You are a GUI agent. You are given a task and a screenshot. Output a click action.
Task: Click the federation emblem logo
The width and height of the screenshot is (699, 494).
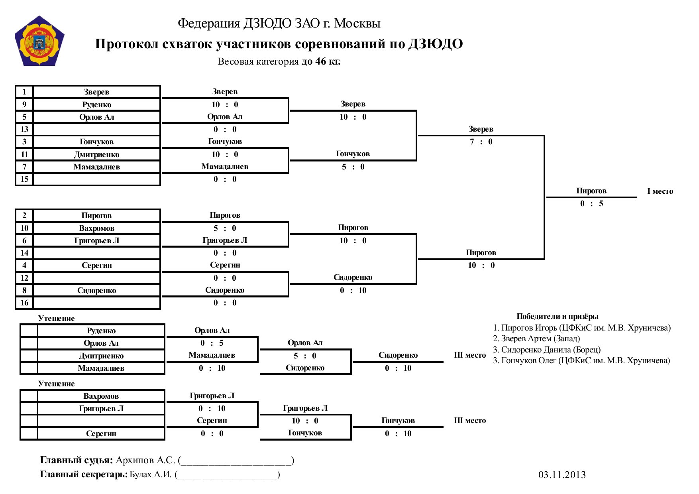click(x=39, y=41)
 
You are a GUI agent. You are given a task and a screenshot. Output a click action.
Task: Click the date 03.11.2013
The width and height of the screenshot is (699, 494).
click(x=562, y=474)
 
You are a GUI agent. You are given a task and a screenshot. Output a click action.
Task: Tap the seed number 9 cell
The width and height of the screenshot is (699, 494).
click(x=24, y=104)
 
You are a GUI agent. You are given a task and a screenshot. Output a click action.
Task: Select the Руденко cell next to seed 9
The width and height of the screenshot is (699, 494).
click(x=97, y=104)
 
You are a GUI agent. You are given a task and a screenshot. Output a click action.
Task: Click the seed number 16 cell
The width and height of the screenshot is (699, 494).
click(x=24, y=303)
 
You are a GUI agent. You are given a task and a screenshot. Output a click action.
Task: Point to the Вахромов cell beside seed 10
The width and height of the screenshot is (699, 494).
click(x=97, y=228)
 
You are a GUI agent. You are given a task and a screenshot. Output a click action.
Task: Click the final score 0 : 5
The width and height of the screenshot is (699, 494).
click(x=591, y=203)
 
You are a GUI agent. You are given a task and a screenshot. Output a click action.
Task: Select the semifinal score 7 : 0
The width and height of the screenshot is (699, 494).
click(x=481, y=142)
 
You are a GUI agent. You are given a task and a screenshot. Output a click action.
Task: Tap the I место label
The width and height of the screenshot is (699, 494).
click(x=660, y=191)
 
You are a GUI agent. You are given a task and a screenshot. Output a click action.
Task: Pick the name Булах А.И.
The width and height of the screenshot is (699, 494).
click(x=151, y=474)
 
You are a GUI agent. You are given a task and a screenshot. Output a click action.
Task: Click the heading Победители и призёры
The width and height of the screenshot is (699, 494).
click(x=558, y=316)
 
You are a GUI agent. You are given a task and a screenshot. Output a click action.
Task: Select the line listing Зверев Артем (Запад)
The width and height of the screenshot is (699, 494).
click(x=536, y=339)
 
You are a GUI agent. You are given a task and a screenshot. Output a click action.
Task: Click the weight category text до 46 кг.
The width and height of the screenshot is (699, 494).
click(x=321, y=61)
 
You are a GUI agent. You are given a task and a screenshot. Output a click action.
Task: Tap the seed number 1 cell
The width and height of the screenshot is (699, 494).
click(x=24, y=92)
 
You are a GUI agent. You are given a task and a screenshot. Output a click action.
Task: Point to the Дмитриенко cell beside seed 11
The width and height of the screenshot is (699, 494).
click(x=97, y=154)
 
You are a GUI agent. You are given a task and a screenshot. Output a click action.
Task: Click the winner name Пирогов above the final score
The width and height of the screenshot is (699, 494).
click(x=591, y=191)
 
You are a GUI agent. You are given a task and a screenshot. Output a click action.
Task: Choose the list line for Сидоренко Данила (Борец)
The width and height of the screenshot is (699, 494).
click(x=547, y=350)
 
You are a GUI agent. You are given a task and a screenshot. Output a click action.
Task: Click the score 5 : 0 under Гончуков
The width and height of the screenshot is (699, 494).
click(x=353, y=167)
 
